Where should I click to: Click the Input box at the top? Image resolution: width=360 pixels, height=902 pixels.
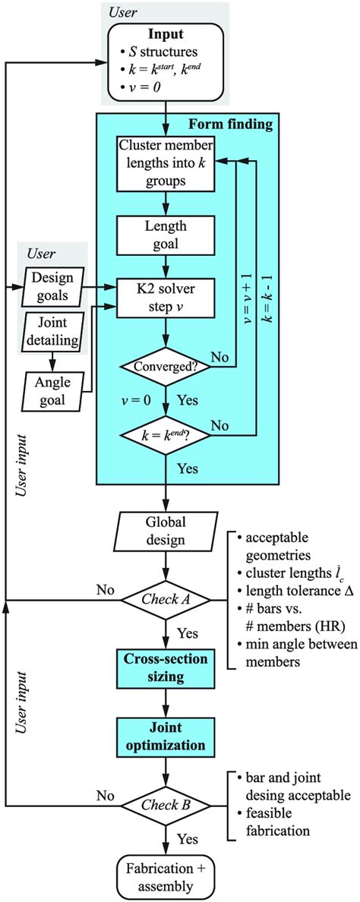coord(165,59)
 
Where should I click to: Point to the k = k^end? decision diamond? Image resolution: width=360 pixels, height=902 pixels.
coord(165,437)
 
